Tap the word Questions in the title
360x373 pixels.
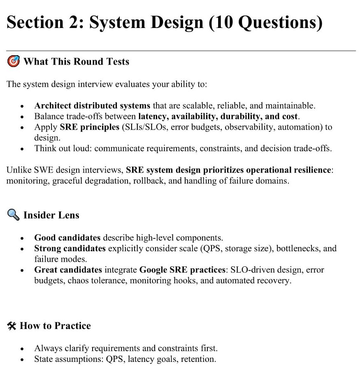(278, 23)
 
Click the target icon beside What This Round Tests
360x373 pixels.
(13, 62)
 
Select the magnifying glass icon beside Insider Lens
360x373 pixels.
(13, 215)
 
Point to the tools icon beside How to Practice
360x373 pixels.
(12, 326)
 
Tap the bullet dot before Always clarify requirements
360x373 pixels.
(22, 349)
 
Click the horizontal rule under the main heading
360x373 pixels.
(181, 51)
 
